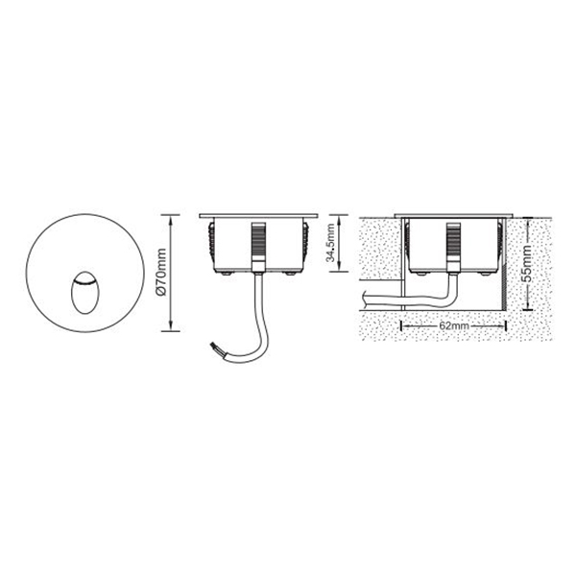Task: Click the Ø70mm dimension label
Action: [x=161, y=273]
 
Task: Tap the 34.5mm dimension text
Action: [x=332, y=243]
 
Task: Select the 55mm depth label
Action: [x=527, y=263]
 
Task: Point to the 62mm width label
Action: [x=454, y=325]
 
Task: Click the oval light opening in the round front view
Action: [x=84, y=293]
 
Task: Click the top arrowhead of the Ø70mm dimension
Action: [x=171, y=220]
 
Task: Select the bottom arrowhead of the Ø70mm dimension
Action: [x=171, y=325]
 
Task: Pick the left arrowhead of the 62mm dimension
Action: [x=407, y=325]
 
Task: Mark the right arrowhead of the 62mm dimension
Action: [x=501, y=325]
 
